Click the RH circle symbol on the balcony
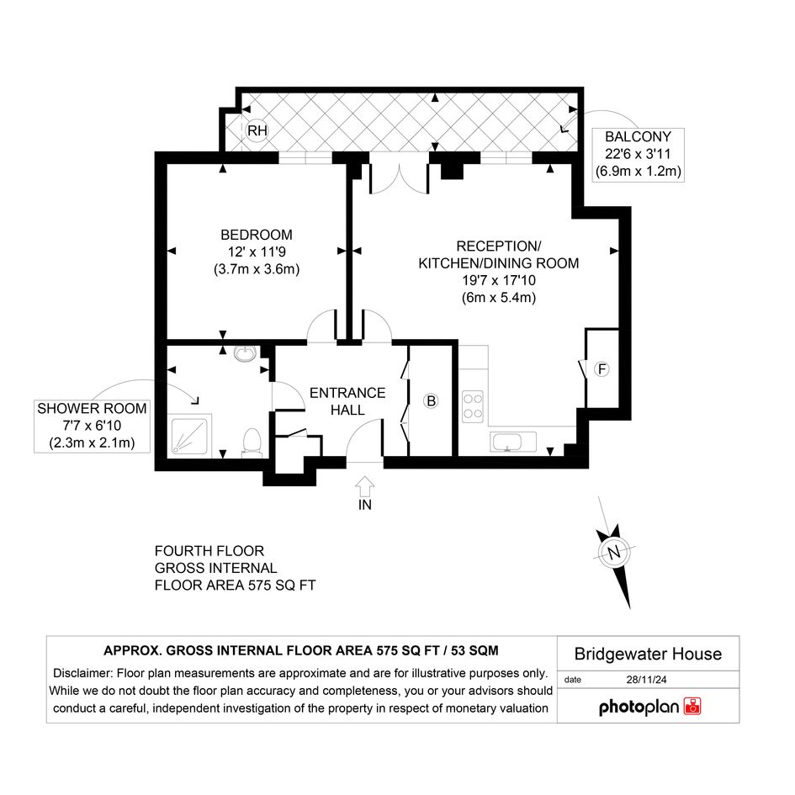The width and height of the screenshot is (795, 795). (x=257, y=130)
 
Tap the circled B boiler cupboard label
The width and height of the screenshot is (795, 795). (x=431, y=401)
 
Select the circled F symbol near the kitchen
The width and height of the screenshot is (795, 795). (x=602, y=369)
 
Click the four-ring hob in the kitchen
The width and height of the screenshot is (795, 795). (x=473, y=406)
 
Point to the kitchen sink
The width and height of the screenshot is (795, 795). (x=513, y=442)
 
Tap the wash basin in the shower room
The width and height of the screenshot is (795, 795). (x=246, y=353)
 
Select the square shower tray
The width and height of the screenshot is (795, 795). (x=189, y=436)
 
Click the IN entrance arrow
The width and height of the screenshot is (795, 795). (x=365, y=487)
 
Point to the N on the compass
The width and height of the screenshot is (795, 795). (x=614, y=552)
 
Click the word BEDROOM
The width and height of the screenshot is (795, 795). (x=257, y=235)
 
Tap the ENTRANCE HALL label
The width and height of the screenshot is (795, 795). (x=347, y=401)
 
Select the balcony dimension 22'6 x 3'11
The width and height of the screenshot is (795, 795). (x=638, y=154)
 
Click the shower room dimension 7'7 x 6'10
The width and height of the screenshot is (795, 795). (x=92, y=426)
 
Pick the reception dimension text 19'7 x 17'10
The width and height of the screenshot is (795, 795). (x=499, y=280)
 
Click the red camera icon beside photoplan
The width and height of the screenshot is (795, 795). (x=692, y=707)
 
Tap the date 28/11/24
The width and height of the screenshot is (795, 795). (x=646, y=680)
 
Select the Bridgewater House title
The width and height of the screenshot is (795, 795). (x=648, y=654)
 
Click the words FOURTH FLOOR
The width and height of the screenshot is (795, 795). (x=209, y=551)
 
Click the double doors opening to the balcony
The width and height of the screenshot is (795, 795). (x=400, y=178)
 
